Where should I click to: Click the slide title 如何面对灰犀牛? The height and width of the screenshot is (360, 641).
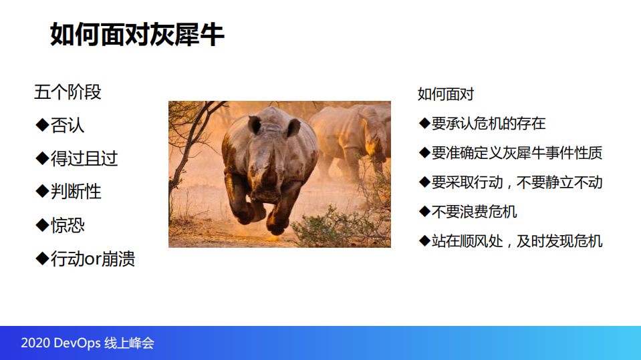coord(137,34)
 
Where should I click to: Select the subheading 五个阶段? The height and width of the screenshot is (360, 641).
coord(68,92)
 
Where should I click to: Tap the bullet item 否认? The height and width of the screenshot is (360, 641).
coord(68,125)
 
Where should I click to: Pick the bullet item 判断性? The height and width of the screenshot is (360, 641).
coord(76,192)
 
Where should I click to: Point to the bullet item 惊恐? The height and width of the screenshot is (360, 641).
coord(68,225)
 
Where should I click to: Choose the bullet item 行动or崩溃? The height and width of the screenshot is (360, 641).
coord(93,258)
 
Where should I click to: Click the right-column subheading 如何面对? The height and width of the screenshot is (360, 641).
coord(445,94)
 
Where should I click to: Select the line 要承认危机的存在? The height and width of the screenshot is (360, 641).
coord(489,123)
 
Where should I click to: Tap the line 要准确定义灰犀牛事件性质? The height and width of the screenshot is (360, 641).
coord(517,153)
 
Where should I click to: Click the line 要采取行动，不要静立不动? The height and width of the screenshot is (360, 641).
coord(517,182)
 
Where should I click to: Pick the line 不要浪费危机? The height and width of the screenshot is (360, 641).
coord(474,212)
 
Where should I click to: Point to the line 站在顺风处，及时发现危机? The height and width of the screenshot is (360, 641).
coord(517,241)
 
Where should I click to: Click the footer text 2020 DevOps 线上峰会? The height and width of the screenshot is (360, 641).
coord(88,343)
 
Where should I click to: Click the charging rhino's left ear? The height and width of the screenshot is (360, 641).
coord(255,125)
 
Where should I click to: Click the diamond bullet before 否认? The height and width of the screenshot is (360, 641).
coord(41,125)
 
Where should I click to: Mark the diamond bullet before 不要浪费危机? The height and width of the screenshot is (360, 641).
coord(424,212)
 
